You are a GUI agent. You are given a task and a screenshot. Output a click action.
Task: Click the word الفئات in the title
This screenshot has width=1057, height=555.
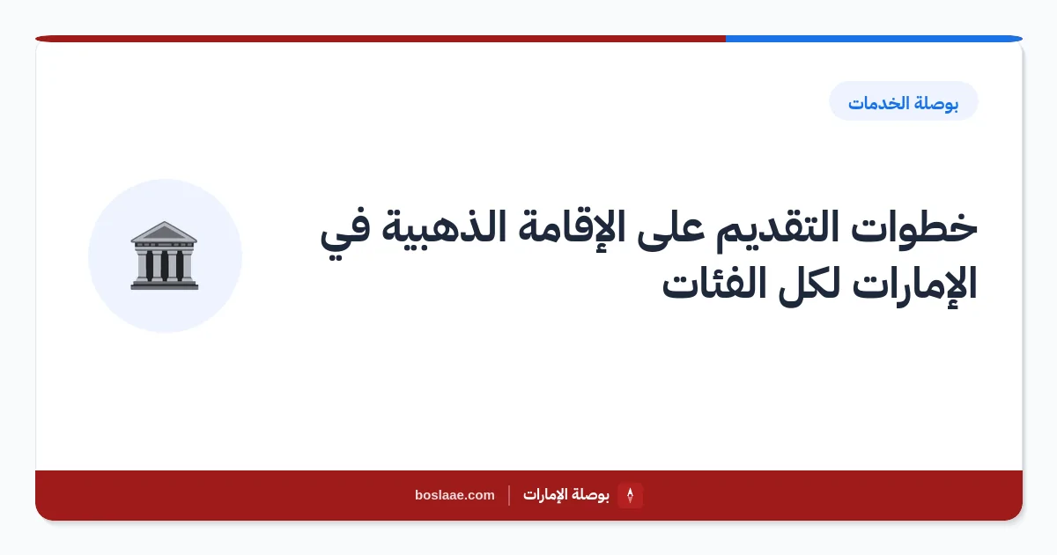pyautogui.click(x=714, y=283)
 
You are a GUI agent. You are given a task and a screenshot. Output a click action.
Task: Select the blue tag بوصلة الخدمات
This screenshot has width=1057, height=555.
pyautogui.click(x=903, y=101)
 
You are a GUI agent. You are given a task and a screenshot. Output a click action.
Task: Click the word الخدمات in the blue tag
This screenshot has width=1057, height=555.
pyautogui.click(x=876, y=103)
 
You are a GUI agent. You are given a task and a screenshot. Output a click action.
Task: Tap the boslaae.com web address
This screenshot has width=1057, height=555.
pyautogui.click(x=455, y=495)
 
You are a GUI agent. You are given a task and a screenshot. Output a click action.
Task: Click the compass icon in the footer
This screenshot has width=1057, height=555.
pyautogui.click(x=630, y=495)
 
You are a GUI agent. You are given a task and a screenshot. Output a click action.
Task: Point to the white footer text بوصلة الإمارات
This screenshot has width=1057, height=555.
pyautogui.click(x=565, y=495)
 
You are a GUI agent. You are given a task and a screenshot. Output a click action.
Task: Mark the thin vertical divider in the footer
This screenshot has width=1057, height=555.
pyautogui.click(x=509, y=495)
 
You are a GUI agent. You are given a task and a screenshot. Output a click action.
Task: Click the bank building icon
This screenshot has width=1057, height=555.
pyautogui.click(x=164, y=255)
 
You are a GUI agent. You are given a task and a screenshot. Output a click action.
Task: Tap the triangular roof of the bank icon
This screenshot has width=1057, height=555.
pyautogui.click(x=164, y=232)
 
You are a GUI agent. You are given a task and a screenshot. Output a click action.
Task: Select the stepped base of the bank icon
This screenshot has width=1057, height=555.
pyautogui.click(x=164, y=285)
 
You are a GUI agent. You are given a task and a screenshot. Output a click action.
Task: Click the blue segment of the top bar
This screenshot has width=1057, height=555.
pyautogui.click(x=874, y=39)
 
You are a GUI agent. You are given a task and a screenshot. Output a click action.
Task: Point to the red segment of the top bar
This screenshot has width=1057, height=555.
pyautogui.click(x=381, y=39)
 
